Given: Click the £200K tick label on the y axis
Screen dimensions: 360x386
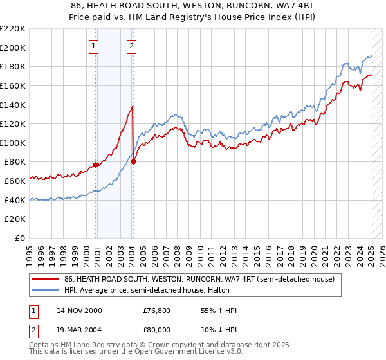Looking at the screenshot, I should click(13, 48).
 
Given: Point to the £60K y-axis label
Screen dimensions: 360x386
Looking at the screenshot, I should click(15, 181).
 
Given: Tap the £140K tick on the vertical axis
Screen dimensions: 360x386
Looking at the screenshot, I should click(13, 105).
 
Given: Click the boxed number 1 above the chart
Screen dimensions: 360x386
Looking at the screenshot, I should click(94, 46).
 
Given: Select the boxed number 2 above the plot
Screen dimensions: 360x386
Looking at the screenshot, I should click(131, 46).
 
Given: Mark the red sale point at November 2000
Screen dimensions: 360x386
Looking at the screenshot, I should click(96, 165).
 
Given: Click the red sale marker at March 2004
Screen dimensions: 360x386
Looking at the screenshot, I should click(133, 162).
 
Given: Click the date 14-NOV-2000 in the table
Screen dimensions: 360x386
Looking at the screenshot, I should click(79, 310).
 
